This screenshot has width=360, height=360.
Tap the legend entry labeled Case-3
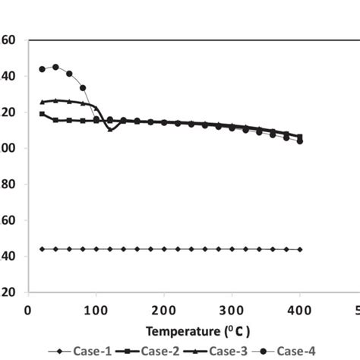coord(229,350)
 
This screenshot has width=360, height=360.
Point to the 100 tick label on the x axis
coord(96,309)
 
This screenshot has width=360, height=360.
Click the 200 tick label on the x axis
coord(164,309)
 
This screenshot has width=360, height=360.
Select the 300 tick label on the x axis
coord(232,309)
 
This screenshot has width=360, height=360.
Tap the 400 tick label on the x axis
coord(301,309)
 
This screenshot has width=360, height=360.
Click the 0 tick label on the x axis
coord(28,309)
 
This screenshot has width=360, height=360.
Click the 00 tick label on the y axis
coord(8,148)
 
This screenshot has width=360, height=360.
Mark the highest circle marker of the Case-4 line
coord(55,67)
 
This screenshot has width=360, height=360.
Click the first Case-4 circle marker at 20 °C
coord(42,69)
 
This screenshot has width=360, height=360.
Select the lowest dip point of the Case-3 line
coord(110,130)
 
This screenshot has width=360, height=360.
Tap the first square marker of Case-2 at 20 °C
coord(42,114)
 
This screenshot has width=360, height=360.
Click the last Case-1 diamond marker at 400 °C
coord(301,249)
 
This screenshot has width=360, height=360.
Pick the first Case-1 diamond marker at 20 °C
coord(42,249)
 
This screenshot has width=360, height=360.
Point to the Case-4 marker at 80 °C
coord(83,88)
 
